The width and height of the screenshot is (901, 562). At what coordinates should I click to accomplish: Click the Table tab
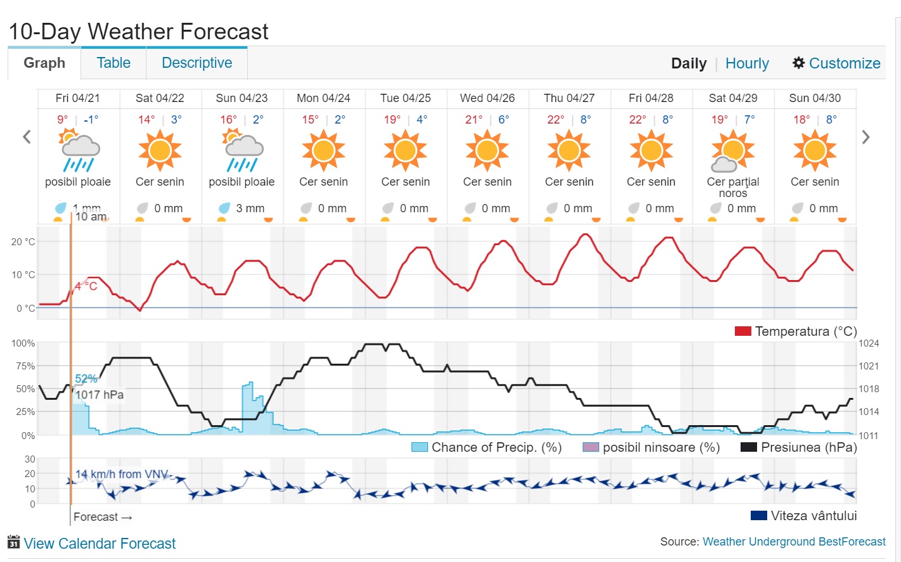[x=113, y=63]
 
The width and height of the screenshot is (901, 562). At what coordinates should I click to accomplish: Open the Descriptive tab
[x=197, y=63]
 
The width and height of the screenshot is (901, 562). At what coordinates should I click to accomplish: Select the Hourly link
[x=747, y=63]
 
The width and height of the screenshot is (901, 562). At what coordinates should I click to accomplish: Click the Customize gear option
[x=836, y=63]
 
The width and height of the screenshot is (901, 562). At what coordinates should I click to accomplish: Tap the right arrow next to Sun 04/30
[x=865, y=137]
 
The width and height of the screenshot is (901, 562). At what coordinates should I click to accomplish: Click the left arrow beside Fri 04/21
[x=27, y=137]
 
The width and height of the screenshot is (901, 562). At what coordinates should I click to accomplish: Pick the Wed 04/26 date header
[x=487, y=98]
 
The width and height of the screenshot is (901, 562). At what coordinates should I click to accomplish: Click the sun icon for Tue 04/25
[x=405, y=151]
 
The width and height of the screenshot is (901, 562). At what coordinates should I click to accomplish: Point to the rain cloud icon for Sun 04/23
[x=242, y=151]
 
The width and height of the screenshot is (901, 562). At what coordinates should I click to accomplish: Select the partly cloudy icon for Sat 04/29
[x=732, y=151]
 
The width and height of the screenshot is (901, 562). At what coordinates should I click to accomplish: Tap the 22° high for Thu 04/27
[x=555, y=120]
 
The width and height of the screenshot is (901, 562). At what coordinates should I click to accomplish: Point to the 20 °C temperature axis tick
[x=23, y=241]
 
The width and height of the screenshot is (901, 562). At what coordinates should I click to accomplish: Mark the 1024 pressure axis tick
[x=869, y=343]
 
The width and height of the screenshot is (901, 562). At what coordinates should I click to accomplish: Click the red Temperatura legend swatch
[x=742, y=331]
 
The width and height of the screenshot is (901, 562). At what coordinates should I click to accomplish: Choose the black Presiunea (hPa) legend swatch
[x=749, y=447]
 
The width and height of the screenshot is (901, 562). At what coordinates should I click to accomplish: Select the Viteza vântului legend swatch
[x=759, y=516]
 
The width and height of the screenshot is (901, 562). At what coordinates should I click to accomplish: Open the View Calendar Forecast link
[x=100, y=544]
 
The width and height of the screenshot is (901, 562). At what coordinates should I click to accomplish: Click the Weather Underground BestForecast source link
[x=794, y=542]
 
